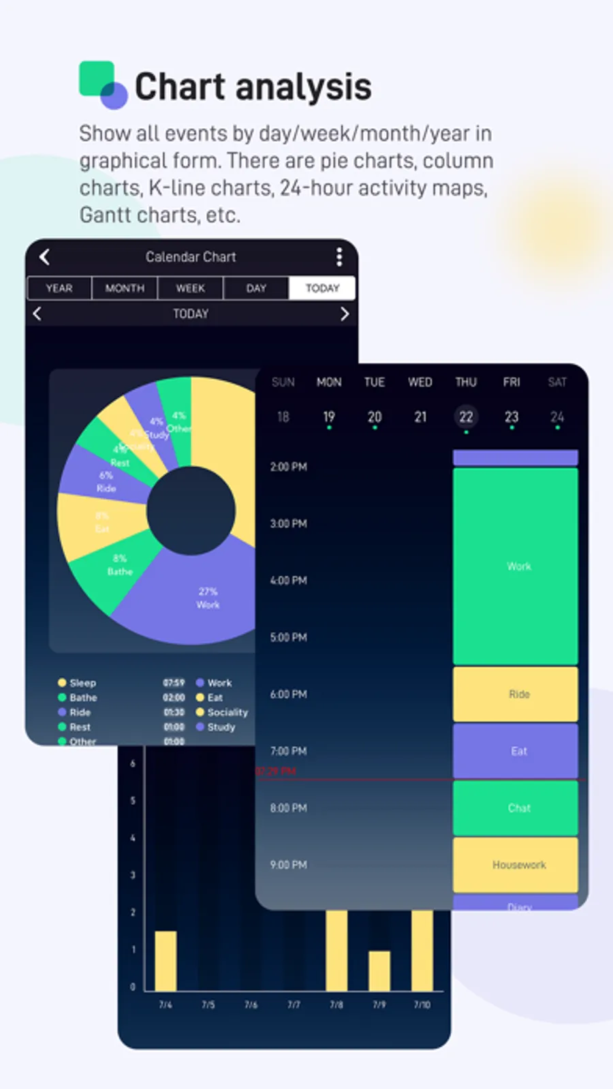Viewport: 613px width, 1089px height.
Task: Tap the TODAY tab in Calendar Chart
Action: (322, 288)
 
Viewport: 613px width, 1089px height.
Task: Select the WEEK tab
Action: (190, 288)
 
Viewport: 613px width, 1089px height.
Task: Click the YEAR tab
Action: (59, 288)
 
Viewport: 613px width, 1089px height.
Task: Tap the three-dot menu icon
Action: (339, 257)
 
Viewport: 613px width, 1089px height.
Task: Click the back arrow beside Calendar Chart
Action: (45, 257)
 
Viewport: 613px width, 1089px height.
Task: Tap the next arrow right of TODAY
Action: (344, 313)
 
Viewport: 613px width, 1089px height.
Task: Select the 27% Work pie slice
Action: (198, 600)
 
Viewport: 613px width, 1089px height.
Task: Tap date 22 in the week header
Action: (466, 417)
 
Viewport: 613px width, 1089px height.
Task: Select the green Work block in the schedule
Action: (516, 566)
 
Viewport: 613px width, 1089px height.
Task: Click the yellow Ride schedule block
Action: (516, 694)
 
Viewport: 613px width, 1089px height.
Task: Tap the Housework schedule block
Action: (516, 865)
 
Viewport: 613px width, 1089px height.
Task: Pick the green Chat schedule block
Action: (516, 808)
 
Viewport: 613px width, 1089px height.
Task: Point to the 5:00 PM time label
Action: (288, 637)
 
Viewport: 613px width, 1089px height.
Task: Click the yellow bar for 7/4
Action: (166, 961)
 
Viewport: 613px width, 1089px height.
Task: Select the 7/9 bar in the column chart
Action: (379, 971)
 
